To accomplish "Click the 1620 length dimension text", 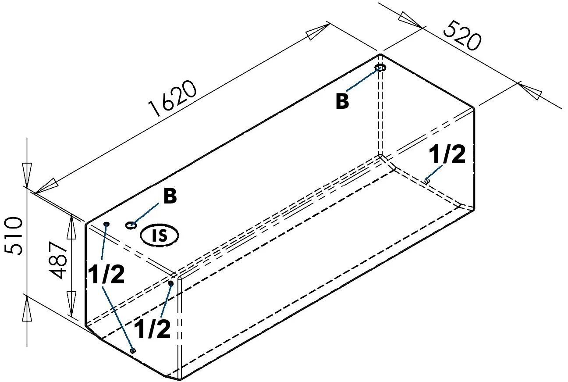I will click(173, 100).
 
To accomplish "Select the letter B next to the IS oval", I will click(170, 197).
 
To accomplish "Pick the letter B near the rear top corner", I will click(342, 101).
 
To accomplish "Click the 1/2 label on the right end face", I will click(447, 155).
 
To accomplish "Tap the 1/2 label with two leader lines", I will click(106, 275).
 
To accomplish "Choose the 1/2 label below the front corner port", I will click(152, 329).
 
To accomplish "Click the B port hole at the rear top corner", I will click(380, 68).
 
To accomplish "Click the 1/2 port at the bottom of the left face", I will click(134, 350).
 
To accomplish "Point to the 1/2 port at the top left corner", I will click(106, 225).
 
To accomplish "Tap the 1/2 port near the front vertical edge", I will click(171, 284).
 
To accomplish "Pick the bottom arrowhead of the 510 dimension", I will click(27, 306).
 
